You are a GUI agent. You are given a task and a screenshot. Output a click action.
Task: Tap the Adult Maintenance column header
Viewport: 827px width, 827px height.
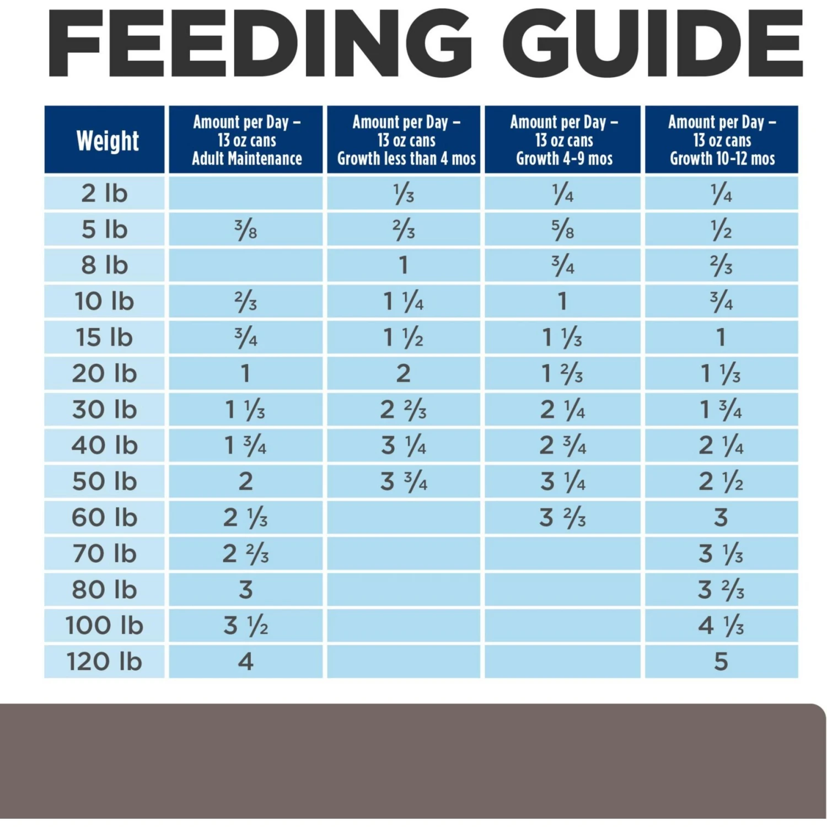pos(246,140)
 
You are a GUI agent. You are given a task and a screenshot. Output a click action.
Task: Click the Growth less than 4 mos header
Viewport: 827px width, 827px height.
pos(404,140)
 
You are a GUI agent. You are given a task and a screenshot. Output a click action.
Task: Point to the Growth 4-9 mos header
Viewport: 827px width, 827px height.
pos(563,140)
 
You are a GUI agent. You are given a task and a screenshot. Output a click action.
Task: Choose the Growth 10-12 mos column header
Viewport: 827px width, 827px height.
pos(722,140)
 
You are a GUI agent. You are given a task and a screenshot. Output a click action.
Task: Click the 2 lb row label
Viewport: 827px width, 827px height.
pos(104,194)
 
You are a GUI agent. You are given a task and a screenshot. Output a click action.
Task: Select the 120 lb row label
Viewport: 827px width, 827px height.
pos(104,662)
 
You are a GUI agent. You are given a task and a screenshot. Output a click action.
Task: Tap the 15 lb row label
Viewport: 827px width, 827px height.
pos(104,337)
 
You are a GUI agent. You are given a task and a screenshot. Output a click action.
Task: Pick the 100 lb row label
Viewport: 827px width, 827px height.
pos(104,626)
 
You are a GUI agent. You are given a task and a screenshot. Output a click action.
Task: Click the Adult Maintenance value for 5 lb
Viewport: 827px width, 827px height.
pos(246,229)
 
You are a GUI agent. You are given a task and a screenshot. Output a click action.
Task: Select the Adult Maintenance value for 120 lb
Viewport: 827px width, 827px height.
pos(246,662)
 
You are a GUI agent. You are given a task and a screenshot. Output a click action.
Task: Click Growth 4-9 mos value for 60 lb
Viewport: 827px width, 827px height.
pos(563,518)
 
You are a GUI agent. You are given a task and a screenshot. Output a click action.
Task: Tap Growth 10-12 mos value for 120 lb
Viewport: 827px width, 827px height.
pos(721,662)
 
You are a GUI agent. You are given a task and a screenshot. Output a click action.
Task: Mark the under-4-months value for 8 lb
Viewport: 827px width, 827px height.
pos(404,266)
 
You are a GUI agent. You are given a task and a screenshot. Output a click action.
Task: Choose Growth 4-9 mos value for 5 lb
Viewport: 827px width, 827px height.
pos(563,229)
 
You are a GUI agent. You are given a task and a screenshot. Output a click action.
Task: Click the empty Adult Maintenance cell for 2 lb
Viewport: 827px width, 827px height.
pos(246,194)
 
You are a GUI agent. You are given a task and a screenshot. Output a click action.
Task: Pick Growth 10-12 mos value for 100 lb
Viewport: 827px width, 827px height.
pos(721,626)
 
